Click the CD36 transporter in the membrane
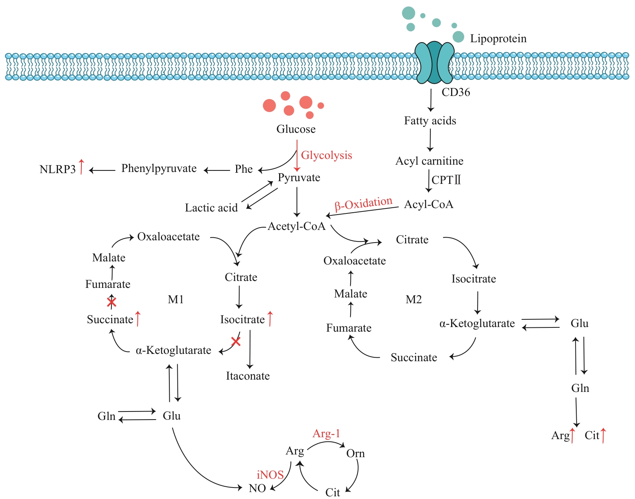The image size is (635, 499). point(435,63)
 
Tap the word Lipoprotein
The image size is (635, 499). point(498,39)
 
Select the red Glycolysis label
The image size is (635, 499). point(326,155)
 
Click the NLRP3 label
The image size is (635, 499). point(58,169)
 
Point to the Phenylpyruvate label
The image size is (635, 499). point(159,169)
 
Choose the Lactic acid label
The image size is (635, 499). point(211,208)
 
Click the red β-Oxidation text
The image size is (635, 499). point(363,204)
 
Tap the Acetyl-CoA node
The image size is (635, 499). point(296,226)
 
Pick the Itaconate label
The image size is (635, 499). point(248,376)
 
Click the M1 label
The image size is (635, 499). point(176,299)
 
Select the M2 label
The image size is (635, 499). point(413,299)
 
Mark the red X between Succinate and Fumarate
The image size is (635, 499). point(111,302)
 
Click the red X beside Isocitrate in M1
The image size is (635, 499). point(236,341)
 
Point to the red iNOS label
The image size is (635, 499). point(270,475)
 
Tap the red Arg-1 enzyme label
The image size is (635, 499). point(326,434)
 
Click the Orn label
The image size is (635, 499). point(356,454)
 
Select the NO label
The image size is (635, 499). point(257,489)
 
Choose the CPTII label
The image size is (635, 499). point(446,180)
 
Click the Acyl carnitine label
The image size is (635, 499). point(429,161)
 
